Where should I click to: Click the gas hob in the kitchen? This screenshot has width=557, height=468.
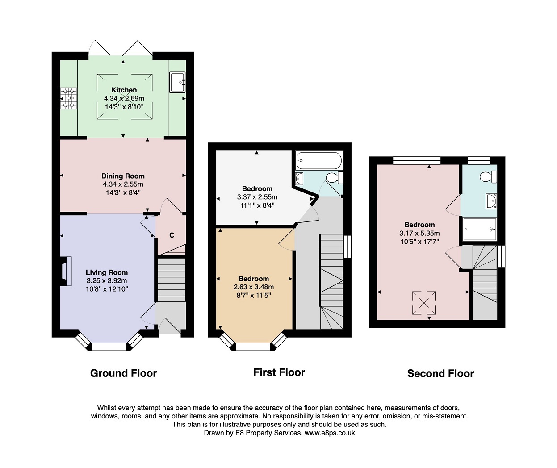click(68, 98)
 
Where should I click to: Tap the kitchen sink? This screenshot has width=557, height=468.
click(177, 82)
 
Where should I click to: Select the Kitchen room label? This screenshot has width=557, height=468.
click(124, 90)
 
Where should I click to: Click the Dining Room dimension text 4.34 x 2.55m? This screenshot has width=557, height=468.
click(123, 184)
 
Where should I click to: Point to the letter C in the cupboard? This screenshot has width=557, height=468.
click(172, 235)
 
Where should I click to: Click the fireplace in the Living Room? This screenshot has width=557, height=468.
click(66, 271)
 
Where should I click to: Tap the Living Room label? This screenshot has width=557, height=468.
click(107, 272)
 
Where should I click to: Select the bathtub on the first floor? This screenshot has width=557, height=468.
click(319, 160)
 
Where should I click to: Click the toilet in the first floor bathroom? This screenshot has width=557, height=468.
click(335, 178)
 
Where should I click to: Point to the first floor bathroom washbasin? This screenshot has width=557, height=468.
click(300, 178)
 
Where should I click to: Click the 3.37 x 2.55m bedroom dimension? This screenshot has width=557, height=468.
click(257, 197)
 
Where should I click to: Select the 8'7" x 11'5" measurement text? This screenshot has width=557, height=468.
click(254, 296)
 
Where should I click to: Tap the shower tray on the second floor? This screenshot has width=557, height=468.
click(480, 229)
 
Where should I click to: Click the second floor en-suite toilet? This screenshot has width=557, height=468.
click(488, 176)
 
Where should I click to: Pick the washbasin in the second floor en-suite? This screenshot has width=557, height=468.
click(491, 201)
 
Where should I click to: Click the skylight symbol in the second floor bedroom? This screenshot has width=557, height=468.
click(424, 303)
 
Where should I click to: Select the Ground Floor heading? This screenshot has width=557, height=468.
click(124, 373)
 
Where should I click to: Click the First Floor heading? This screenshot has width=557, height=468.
click(279, 372)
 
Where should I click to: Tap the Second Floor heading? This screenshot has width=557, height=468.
click(440, 374)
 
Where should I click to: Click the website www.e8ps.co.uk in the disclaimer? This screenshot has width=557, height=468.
click(330, 433)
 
